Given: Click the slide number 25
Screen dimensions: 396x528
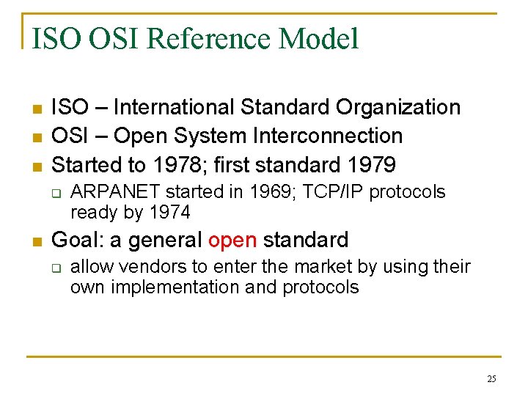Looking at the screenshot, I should pos(491,378).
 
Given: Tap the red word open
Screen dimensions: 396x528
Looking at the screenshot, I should pos(233,240).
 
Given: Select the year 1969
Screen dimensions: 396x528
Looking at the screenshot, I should pos(271,192).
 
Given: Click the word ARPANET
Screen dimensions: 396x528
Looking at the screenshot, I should pos(116,192).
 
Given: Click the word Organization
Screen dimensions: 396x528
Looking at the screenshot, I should pos(398,107).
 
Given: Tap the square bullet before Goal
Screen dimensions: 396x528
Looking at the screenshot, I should pos(34,241).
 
